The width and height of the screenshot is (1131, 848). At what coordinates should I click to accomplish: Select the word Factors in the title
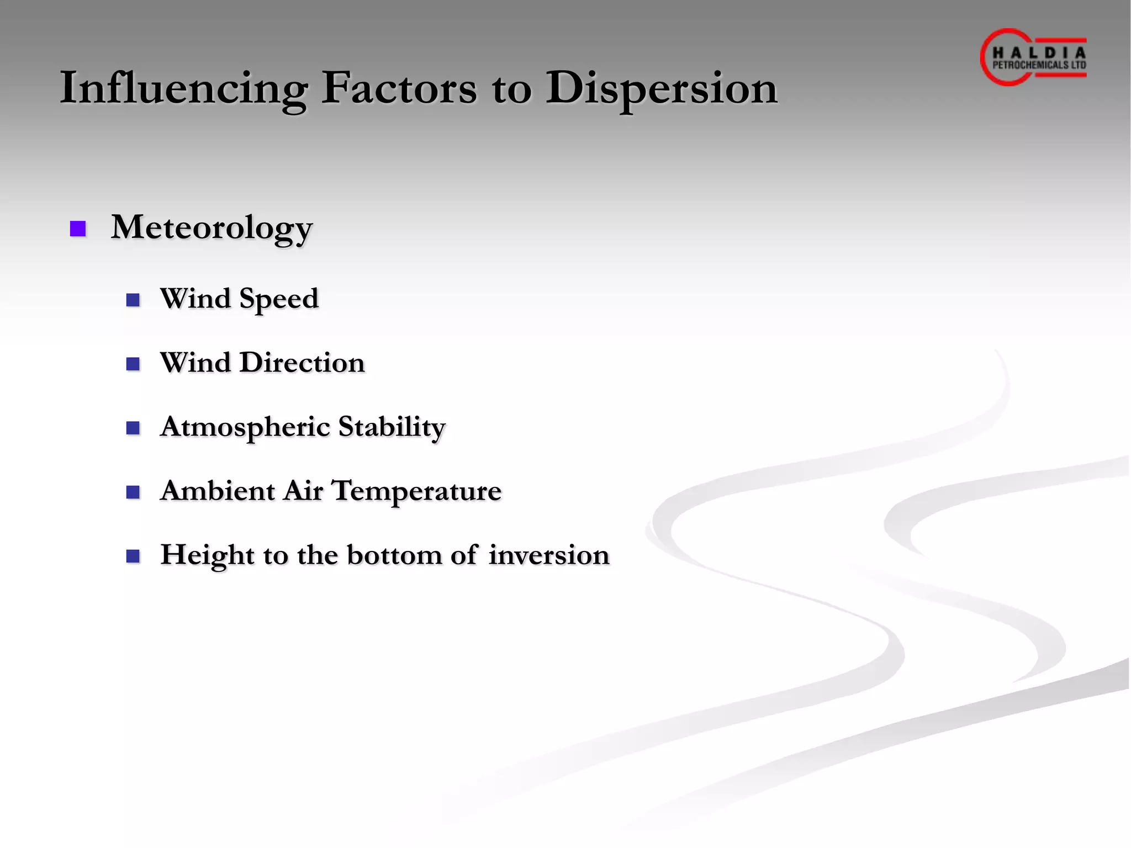tap(399, 88)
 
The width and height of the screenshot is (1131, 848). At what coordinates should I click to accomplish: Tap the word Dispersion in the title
tap(662, 88)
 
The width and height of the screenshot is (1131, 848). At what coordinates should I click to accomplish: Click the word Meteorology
tap(212, 227)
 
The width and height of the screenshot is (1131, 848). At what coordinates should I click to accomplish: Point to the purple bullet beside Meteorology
tap(78, 229)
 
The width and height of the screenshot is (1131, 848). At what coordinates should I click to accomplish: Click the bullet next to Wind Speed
tap(133, 300)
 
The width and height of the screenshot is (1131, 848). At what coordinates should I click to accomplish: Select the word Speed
tap(279, 299)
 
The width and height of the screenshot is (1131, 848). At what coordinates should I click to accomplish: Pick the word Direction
tap(302, 363)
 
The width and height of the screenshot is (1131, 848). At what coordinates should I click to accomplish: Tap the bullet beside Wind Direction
tap(133, 364)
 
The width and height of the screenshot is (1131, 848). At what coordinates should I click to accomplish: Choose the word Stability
tap(392, 427)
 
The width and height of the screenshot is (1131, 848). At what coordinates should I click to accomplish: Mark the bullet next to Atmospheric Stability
tap(133, 428)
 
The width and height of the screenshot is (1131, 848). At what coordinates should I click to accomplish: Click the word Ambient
tap(217, 491)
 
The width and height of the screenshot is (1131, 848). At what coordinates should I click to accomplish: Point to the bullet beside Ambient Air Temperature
tap(133, 492)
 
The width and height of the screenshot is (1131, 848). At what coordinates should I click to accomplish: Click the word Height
tap(207, 555)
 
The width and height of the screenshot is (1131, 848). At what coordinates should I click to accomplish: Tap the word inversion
tap(549, 555)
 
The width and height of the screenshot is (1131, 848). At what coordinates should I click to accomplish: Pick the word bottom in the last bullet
tap(394, 555)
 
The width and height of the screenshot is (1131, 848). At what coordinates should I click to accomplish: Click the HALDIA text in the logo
tap(1039, 53)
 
